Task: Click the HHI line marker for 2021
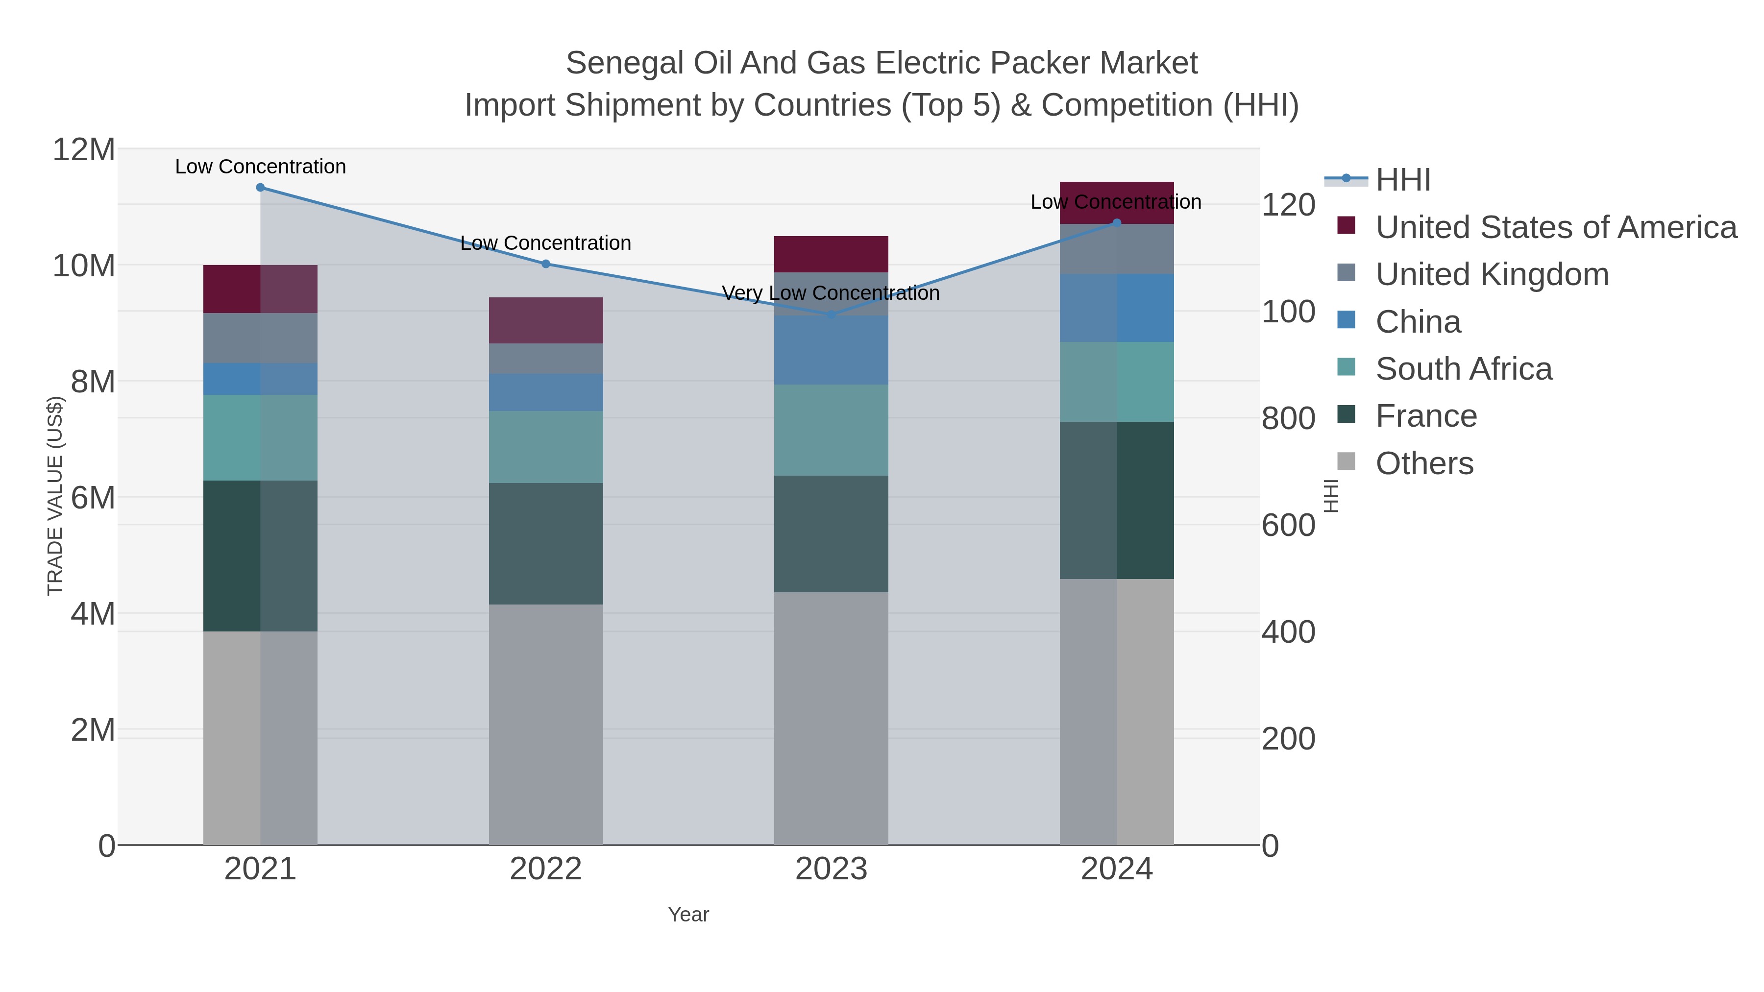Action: pyautogui.click(x=260, y=188)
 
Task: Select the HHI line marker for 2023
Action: pyautogui.click(x=831, y=314)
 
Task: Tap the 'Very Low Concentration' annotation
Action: pyautogui.click(x=831, y=293)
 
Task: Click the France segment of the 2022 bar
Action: pyautogui.click(x=546, y=544)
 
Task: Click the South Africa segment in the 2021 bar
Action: pyautogui.click(x=260, y=437)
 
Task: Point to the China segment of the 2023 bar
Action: pyautogui.click(x=831, y=350)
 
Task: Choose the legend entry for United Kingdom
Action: pyautogui.click(x=1492, y=274)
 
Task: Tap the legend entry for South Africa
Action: pyautogui.click(x=1463, y=369)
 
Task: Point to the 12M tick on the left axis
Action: pyautogui.click(x=83, y=149)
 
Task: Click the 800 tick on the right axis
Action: pyautogui.click(x=1287, y=418)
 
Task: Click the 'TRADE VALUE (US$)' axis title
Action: pyautogui.click(x=55, y=496)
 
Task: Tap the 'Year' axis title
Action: pyautogui.click(x=688, y=915)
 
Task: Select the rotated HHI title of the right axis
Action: pyautogui.click(x=1330, y=496)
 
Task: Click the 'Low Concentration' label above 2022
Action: pyautogui.click(x=546, y=243)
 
